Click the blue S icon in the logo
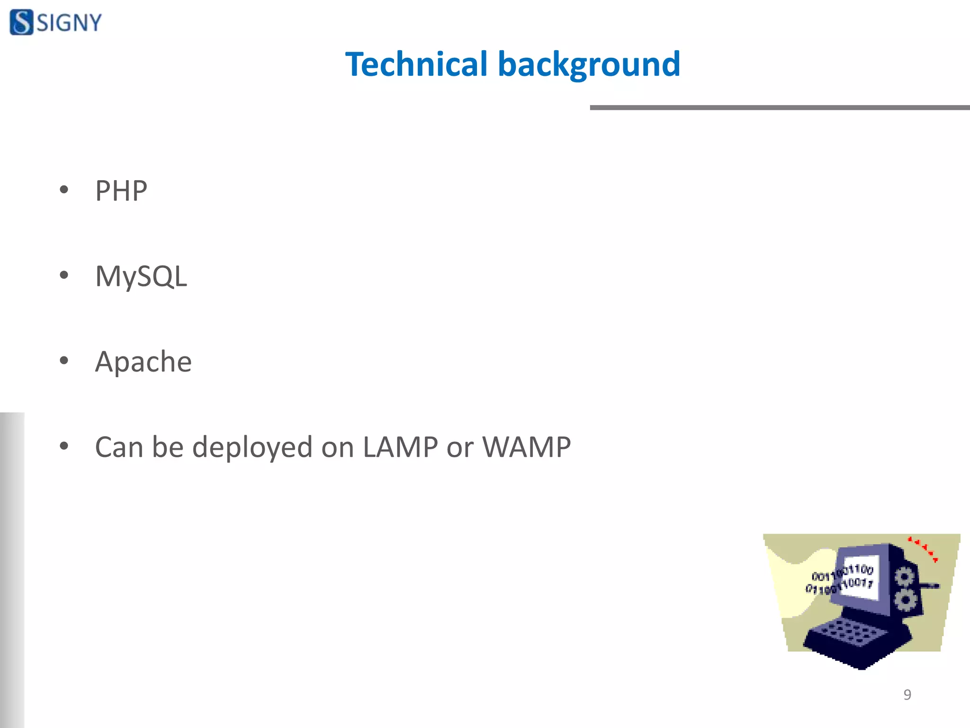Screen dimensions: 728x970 [x=22, y=22]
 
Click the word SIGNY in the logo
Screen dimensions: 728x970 [x=69, y=23]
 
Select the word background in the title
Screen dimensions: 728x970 [x=589, y=65]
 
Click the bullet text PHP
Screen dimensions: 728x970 [x=121, y=191]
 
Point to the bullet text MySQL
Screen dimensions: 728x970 [x=141, y=276]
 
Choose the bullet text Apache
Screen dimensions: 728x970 [x=143, y=361]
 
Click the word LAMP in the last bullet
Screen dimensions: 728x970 [x=400, y=446]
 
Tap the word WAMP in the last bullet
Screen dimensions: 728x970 [x=526, y=446]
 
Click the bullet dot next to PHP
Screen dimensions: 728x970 [x=64, y=190]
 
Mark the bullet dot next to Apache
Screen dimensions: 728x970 [x=64, y=361]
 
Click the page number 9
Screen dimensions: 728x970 [x=907, y=694]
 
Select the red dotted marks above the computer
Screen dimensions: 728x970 [x=923, y=549]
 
